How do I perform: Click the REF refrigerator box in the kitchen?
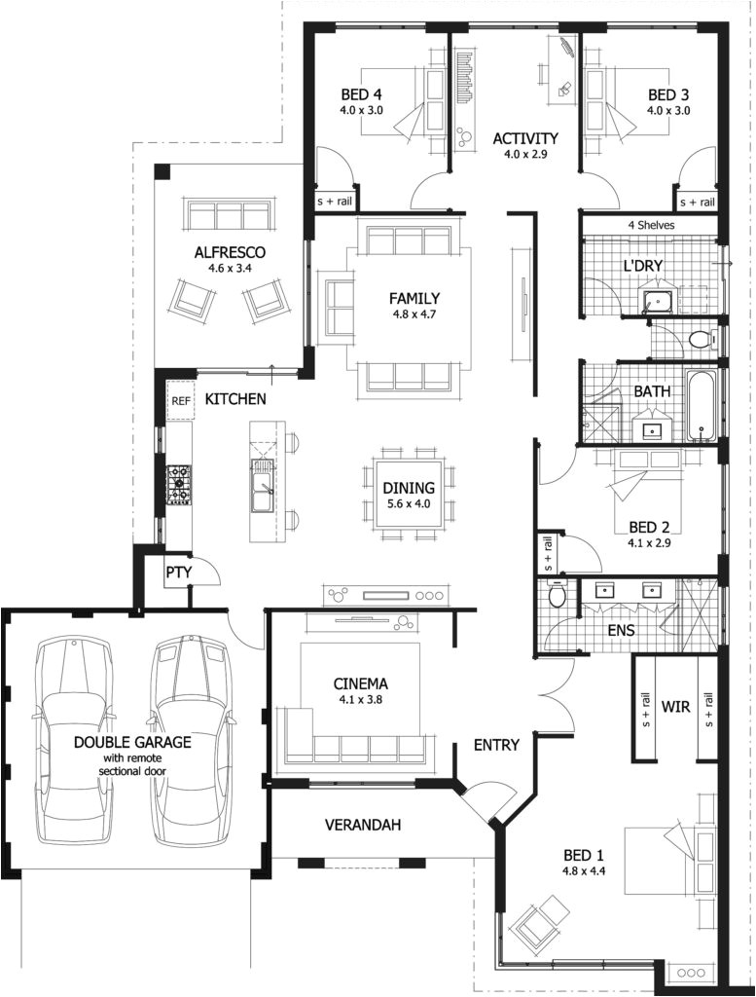180,400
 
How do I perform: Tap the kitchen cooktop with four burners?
180,484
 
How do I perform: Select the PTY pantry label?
177,572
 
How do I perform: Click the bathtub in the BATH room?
701,405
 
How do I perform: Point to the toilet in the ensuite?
557,594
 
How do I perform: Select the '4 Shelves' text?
651,225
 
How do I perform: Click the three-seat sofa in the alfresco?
229,214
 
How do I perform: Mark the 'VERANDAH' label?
363,825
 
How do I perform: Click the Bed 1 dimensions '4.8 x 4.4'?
584,871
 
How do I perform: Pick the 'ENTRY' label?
495,745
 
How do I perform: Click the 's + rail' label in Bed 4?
333,202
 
